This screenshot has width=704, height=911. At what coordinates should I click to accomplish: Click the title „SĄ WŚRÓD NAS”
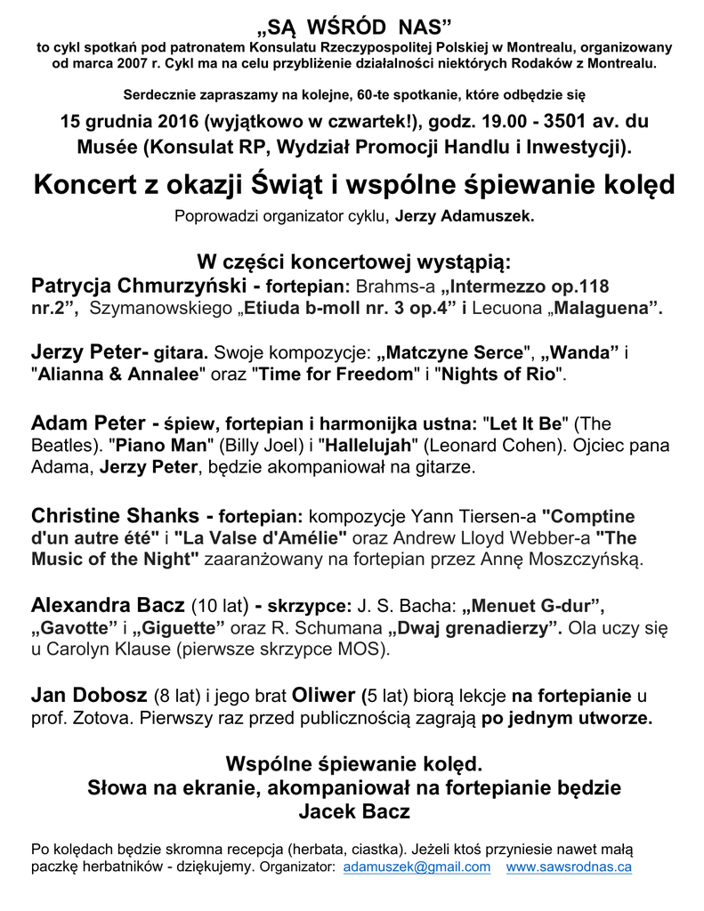coord(353,22)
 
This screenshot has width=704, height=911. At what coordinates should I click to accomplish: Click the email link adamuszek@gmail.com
coord(417,867)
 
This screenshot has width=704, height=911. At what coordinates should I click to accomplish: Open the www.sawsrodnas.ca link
coord(569,867)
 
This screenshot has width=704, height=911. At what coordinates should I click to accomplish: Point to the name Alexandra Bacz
coord(109,607)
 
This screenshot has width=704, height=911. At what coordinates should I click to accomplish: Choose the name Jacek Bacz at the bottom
coord(353,811)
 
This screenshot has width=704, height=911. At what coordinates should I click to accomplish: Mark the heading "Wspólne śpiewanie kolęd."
coord(353,764)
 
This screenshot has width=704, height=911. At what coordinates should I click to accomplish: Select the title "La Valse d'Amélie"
coord(261,538)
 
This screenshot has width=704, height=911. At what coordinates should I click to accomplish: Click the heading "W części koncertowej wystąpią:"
coord(353,263)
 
